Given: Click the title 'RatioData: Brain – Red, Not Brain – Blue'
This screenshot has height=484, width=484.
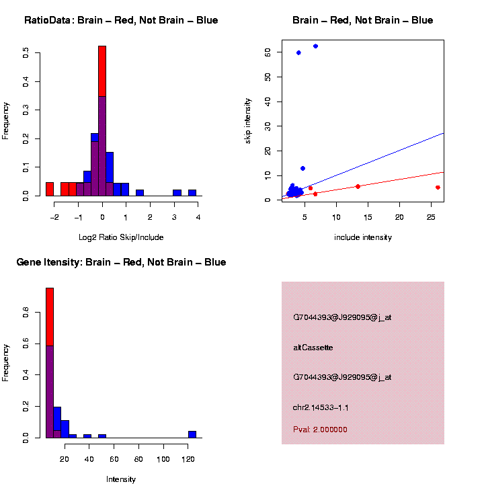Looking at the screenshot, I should coord(121,20).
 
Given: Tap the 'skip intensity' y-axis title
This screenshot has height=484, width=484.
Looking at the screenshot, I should coord(248,120).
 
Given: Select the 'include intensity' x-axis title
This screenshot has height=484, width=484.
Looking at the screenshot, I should coord(363,237).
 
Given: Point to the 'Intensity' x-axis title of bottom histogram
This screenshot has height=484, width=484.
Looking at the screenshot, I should coord(121,479).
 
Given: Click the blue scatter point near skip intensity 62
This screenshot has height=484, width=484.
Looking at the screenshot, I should coord(315,46).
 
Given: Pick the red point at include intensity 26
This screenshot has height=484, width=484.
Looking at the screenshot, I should coord(438,188).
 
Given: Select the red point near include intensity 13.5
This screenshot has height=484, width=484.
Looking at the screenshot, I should coord(358,186).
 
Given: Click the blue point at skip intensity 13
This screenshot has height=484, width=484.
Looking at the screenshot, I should coord(302,168).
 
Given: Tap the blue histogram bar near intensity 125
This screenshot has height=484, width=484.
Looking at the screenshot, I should coord(192,434).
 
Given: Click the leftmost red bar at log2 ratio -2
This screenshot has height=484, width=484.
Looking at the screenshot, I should coord(50,189).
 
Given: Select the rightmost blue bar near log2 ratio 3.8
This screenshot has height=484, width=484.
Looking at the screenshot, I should coord(192,192).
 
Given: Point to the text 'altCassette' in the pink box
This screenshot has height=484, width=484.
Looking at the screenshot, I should coord(313,348).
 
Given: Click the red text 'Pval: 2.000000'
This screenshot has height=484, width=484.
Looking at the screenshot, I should coord(321,429).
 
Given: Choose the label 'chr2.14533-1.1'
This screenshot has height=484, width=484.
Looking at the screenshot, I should coord(321,407).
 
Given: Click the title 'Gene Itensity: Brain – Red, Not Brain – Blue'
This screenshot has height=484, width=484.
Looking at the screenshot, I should coord(121,262).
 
